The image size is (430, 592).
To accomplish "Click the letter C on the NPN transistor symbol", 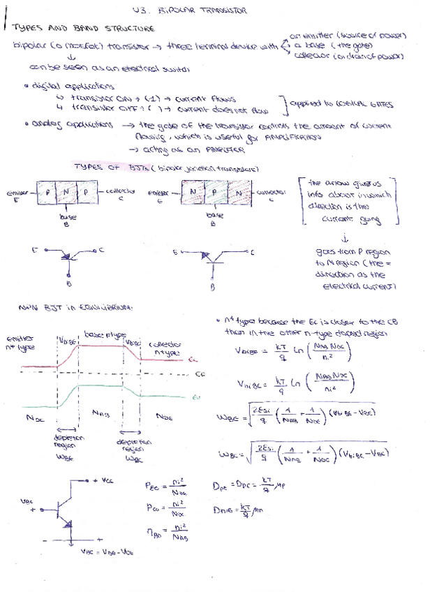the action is pos(252,251).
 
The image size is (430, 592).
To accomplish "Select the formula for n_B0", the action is pos(168,535).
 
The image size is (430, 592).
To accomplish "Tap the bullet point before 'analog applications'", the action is pos(24,125).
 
